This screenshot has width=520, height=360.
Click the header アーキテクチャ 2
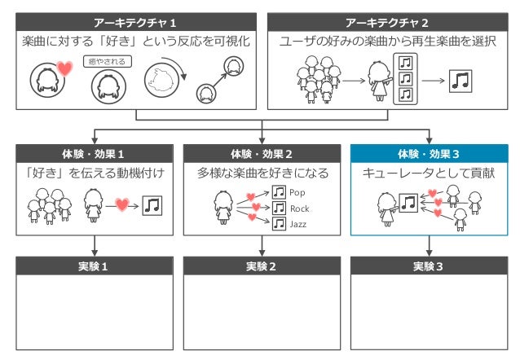coord(387,22)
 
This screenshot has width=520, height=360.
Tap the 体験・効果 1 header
coord(95,153)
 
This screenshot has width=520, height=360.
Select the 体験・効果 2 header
coord(262,153)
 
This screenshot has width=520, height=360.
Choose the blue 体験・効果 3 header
coord(428,153)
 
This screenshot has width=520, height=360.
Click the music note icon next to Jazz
coord(279,223)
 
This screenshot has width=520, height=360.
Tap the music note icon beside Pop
coord(279,192)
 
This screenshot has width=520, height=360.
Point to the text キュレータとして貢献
coord(428,173)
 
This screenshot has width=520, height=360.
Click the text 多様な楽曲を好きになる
coord(262,173)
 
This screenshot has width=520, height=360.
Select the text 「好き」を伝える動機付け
coord(95,173)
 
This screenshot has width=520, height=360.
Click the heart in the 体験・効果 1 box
coord(122,205)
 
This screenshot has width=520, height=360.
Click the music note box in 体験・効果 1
coord(152,205)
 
